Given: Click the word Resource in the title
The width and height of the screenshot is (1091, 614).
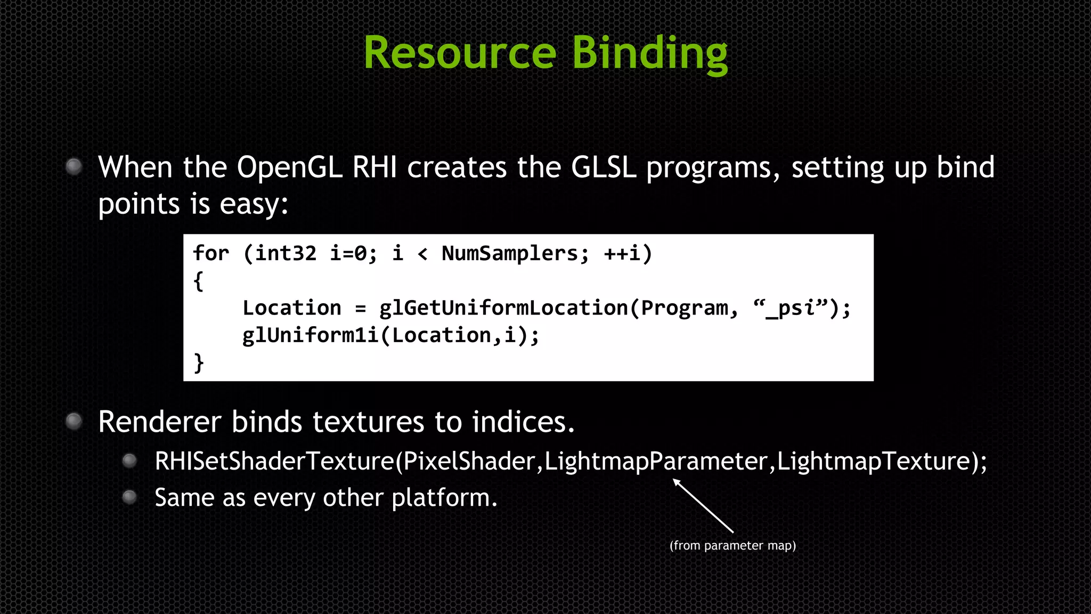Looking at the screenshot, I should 460,53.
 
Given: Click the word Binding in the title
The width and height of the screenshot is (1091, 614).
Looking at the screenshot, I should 649,54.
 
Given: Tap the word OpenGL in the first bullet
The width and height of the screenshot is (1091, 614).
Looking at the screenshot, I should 289,167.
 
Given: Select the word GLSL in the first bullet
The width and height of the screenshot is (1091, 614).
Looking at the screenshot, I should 604,167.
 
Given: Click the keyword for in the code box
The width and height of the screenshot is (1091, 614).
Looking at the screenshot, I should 211,253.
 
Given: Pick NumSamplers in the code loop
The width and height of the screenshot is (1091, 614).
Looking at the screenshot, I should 515,253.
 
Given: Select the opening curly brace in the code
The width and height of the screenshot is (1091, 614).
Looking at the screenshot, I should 199,280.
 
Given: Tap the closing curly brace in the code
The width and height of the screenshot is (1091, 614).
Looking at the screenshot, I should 199,362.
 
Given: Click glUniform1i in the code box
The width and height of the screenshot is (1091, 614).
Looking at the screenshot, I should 310,335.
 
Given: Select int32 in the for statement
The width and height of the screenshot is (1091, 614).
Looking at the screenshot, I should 286,253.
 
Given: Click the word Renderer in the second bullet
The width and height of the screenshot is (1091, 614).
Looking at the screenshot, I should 159,422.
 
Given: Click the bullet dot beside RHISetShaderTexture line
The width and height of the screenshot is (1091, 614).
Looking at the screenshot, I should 129,461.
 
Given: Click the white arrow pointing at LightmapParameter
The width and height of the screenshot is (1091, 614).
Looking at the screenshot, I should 703,505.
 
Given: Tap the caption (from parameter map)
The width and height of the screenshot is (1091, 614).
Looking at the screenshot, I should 732,545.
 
